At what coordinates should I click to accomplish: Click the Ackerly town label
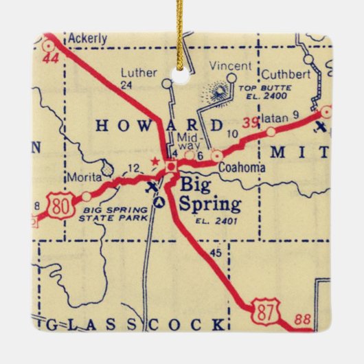(x=88, y=38)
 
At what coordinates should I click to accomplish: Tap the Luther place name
(x=135, y=71)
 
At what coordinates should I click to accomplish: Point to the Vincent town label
(x=225, y=65)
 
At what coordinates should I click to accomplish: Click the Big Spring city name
(x=209, y=194)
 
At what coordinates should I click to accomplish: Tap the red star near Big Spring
(x=155, y=163)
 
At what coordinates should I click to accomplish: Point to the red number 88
(x=303, y=319)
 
